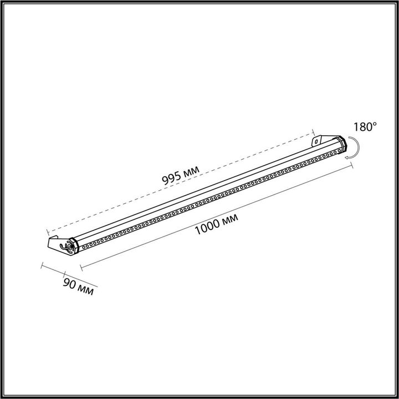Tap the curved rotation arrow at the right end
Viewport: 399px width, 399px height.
tap(354, 150)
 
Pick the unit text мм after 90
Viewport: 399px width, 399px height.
tap(86, 290)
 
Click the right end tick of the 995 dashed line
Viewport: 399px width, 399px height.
tap(314, 133)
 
